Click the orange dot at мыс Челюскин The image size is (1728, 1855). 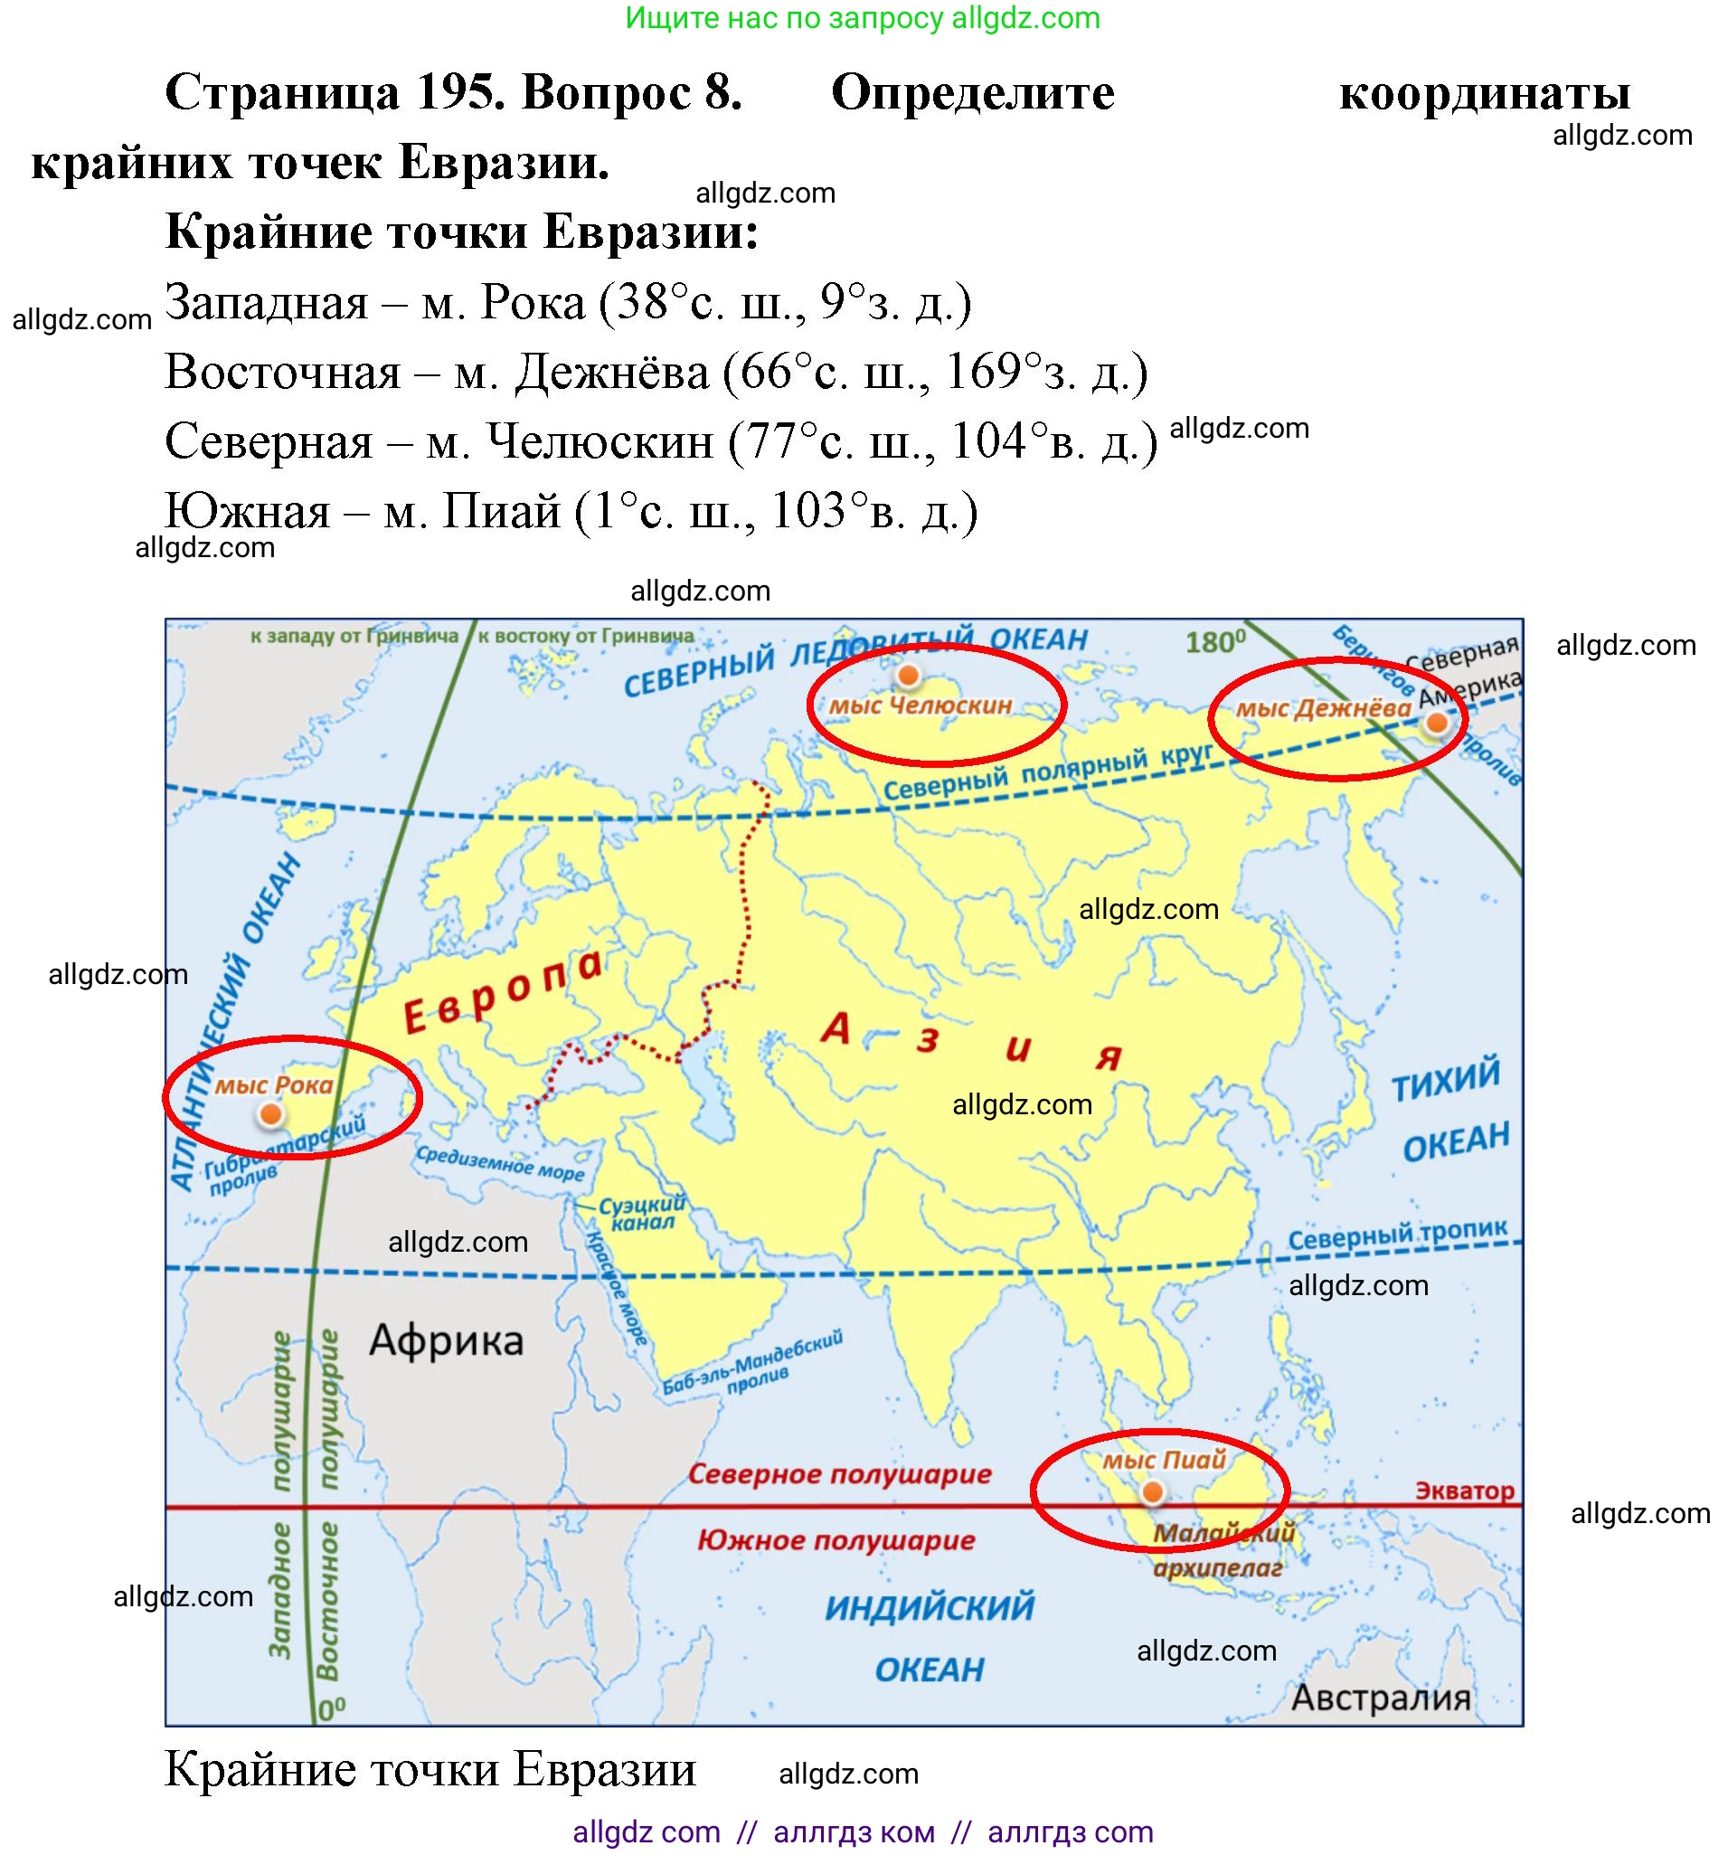[x=907, y=675]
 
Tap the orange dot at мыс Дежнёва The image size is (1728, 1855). [x=1436, y=723]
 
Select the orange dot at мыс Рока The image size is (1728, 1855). [x=270, y=1113]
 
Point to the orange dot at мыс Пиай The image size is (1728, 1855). [x=1152, y=1493]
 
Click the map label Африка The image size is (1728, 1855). [x=446, y=1341]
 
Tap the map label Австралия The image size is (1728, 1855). [x=1381, y=1698]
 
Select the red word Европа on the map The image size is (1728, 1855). [x=504, y=993]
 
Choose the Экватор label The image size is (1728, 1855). [x=1464, y=1491]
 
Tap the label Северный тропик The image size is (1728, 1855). [x=1397, y=1235]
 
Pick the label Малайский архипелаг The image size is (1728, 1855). [x=1222, y=1550]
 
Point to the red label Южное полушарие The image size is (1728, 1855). [x=836, y=1540]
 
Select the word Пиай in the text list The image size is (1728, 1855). [x=501, y=510]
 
